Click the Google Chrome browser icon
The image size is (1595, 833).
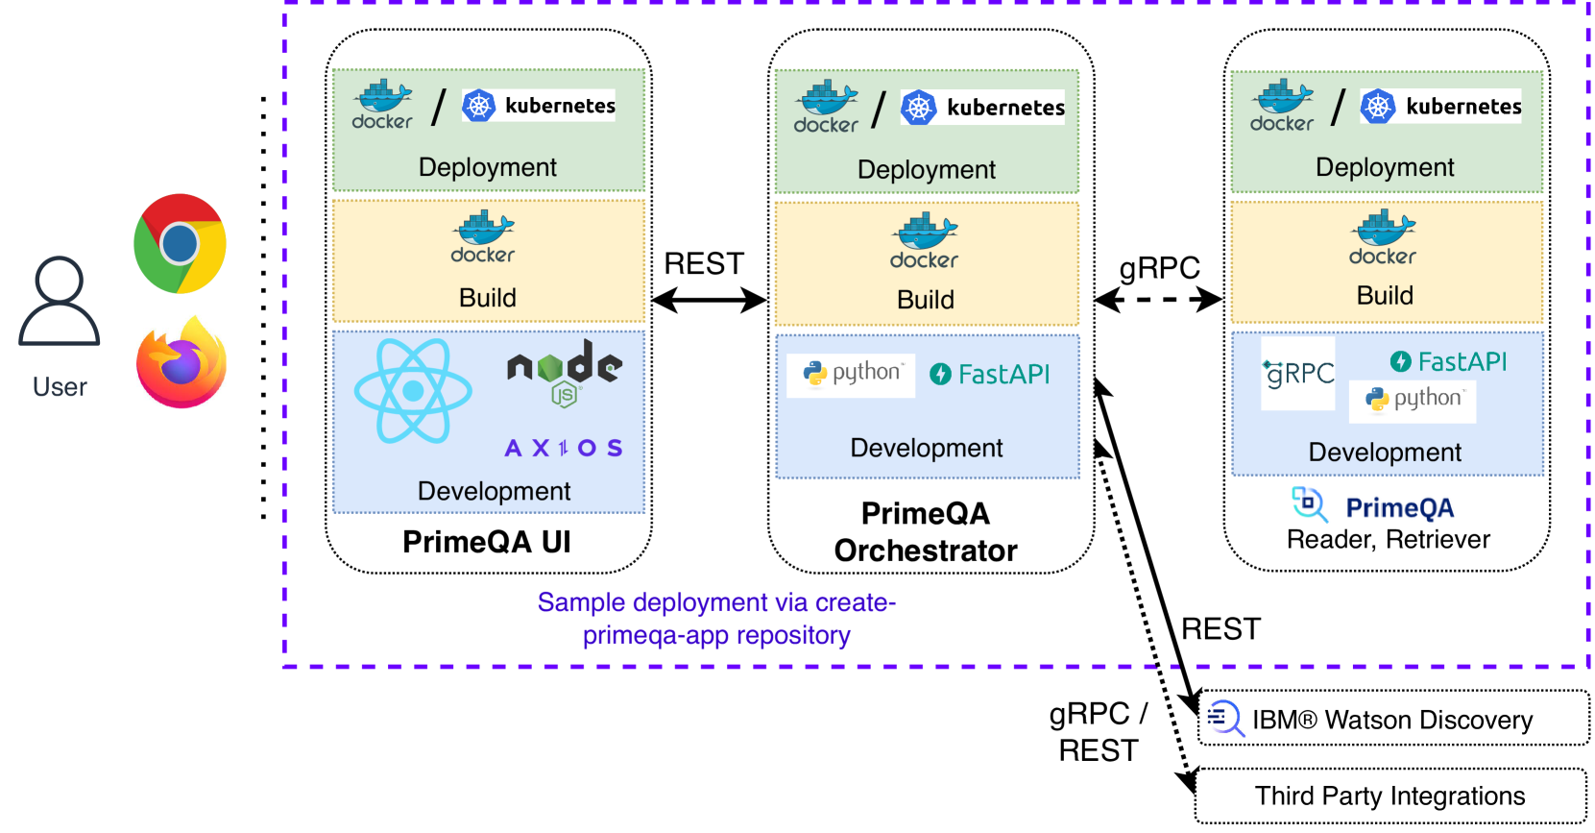pos(180,243)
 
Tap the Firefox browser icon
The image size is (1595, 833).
pos(181,363)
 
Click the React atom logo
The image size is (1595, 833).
pos(413,390)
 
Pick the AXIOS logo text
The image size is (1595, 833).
pos(564,448)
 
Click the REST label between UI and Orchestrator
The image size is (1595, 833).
pos(704,263)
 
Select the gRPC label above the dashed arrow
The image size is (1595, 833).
pos(1159,267)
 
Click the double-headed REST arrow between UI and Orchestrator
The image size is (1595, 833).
pos(710,301)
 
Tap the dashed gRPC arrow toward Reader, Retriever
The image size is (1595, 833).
pos(1158,300)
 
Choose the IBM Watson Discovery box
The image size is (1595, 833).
pos(1393,719)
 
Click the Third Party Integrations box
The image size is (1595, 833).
pos(1390,796)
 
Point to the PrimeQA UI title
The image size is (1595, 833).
pos(487,542)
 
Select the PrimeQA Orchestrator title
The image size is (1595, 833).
pos(926,531)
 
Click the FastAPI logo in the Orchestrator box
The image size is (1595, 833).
pos(990,374)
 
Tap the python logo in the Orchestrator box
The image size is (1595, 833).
pos(852,373)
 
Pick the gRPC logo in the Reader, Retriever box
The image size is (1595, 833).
pos(1298,373)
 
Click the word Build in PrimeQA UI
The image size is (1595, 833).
pos(488,298)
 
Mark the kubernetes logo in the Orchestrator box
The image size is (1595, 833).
pos(983,108)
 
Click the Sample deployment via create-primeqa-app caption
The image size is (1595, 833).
pos(716,619)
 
